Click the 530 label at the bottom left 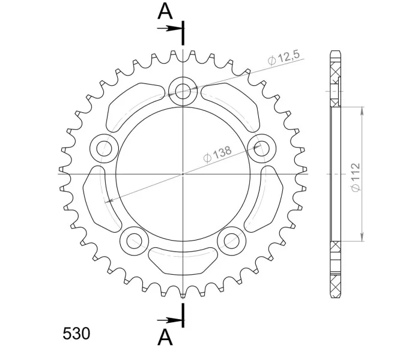(76, 333)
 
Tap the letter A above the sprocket (165, 11)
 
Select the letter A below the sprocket (165, 337)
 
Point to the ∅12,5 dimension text (283, 58)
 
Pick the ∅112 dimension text (355, 178)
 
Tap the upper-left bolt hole (104, 147)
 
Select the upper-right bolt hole (261, 147)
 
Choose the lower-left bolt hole (134, 241)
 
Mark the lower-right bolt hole (231, 241)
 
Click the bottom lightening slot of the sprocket (183, 259)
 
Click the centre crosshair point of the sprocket (183, 174)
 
